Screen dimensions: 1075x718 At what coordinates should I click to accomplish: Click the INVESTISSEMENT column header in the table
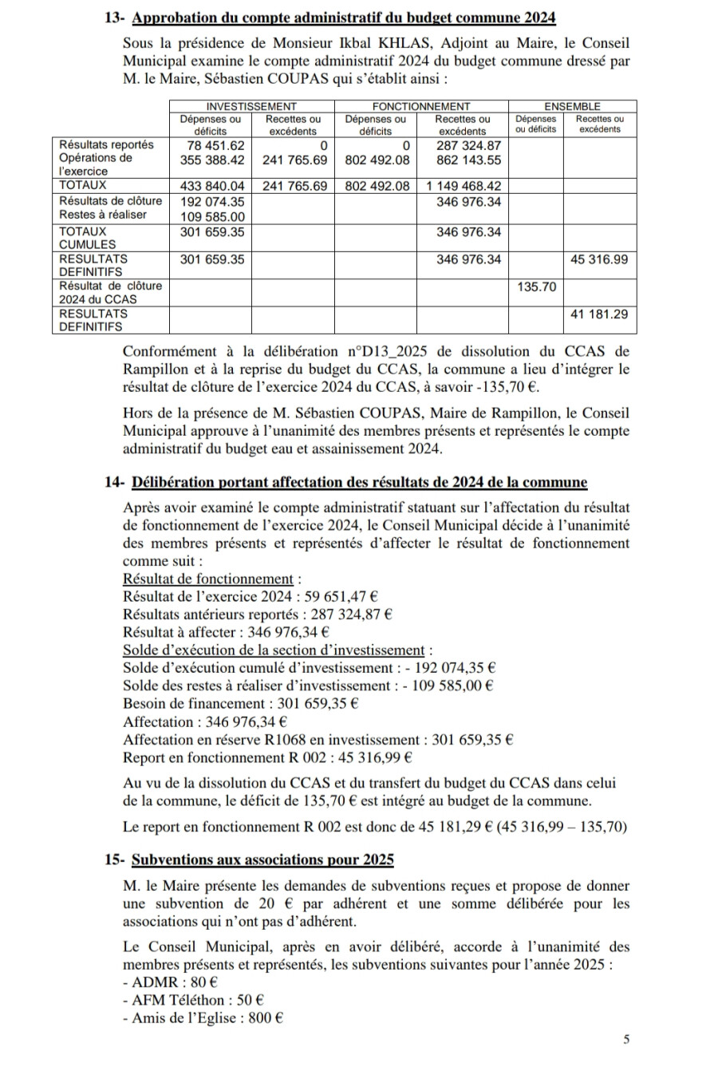pos(251,106)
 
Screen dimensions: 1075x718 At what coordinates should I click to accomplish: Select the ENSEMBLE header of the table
pos(572,106)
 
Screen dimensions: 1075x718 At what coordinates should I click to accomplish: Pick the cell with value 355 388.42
pos(210,160)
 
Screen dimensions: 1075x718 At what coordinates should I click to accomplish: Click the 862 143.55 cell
pos(469,160)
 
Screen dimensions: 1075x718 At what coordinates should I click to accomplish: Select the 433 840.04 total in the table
pos(210,186)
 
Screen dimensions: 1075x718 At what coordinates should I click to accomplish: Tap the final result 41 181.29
pos(599,314)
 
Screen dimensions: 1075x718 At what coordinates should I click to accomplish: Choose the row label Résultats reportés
pos(106,145)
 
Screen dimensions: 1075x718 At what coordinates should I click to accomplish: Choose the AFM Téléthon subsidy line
pos(194,999)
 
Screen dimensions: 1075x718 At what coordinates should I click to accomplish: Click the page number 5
pos(626,1039)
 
